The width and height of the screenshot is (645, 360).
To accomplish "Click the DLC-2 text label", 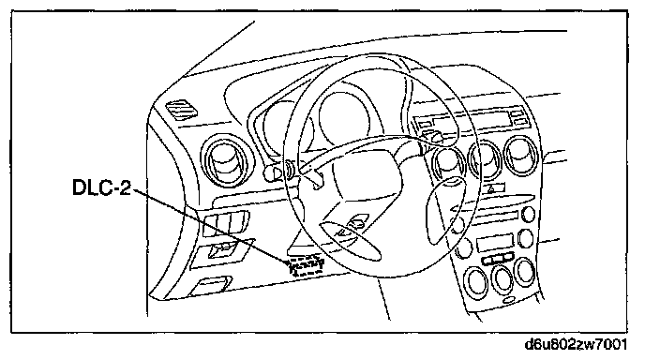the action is [101, 187].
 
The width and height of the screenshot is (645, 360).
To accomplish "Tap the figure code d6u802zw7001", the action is [576, 344].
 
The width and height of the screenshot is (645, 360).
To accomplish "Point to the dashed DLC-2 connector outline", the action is [305, 265].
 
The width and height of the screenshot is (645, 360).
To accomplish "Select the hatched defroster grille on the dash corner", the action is [182, 110].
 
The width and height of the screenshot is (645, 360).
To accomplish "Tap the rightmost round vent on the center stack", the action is [521, 156].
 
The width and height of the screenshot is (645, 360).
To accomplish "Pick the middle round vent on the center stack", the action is [486, 159].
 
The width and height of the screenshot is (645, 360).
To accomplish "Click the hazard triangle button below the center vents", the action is [494, 188].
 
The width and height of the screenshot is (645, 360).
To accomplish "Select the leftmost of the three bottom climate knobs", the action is [476, 282].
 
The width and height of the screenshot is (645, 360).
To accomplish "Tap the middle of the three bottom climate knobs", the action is [502, 279].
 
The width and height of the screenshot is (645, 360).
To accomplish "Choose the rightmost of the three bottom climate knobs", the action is [525, 272].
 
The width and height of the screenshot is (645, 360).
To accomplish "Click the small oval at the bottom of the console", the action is [509, 299].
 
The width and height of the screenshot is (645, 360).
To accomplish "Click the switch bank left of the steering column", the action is [226, 223].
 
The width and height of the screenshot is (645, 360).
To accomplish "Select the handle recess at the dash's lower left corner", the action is [210, 286].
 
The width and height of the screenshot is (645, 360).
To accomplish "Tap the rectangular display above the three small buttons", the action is [495, 244].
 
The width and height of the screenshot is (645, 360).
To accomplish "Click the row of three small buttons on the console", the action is [498, 259].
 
